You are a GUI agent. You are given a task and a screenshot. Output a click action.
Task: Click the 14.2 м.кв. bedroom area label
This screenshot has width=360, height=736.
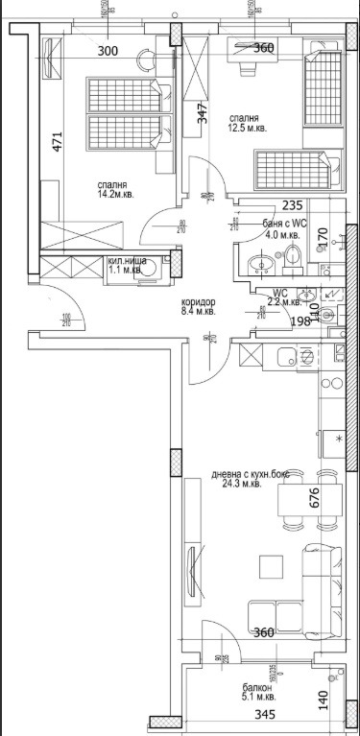pyautogui.click(x=113, y=192)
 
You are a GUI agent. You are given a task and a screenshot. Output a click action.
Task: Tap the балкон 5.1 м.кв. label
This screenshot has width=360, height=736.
pyautogui.click(x=256, y=694)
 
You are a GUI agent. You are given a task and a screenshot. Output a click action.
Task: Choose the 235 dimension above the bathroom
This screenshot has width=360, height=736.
pyautogui.click(x=294, y=205)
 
